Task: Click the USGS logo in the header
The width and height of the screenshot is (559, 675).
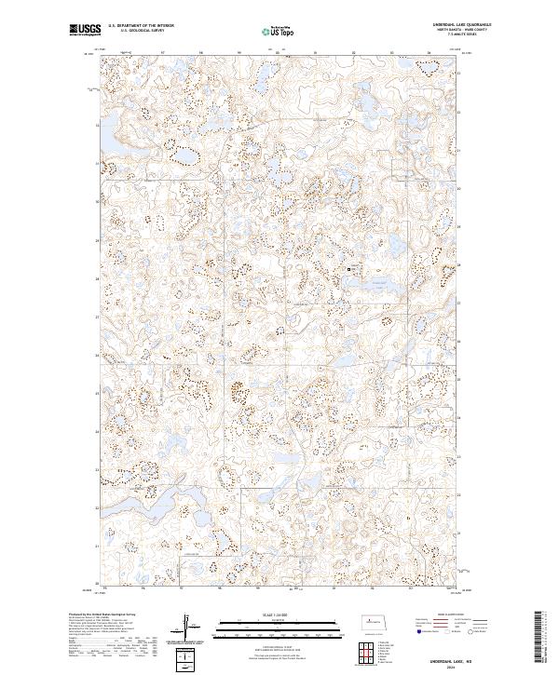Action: point(83,31)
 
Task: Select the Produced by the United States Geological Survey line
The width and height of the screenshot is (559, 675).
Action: point(102,615)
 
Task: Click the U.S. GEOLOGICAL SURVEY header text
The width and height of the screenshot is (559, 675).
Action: point(135,32)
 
